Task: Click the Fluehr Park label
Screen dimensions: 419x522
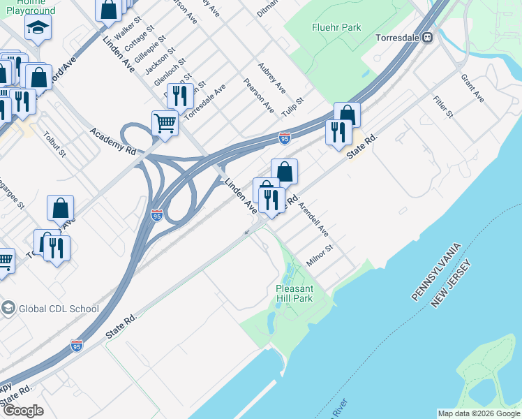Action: click(336, 27)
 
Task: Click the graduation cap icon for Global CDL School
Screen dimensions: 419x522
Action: click(8, 308)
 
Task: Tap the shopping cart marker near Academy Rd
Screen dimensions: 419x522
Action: click(165, 123)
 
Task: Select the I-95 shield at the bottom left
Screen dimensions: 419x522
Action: click(77, 346)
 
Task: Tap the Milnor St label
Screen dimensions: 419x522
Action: click(321, 256)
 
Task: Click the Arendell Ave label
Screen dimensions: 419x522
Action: click(313, 219)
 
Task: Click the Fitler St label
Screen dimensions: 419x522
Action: click(443, 106)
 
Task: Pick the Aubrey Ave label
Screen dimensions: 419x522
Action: click(271, 78)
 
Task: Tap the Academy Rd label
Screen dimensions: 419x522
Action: click(112, 140)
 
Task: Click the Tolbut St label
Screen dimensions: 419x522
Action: click(54, 144)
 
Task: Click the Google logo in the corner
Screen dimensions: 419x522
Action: click(23, 411)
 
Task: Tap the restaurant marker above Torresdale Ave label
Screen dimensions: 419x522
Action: click(180, 96)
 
